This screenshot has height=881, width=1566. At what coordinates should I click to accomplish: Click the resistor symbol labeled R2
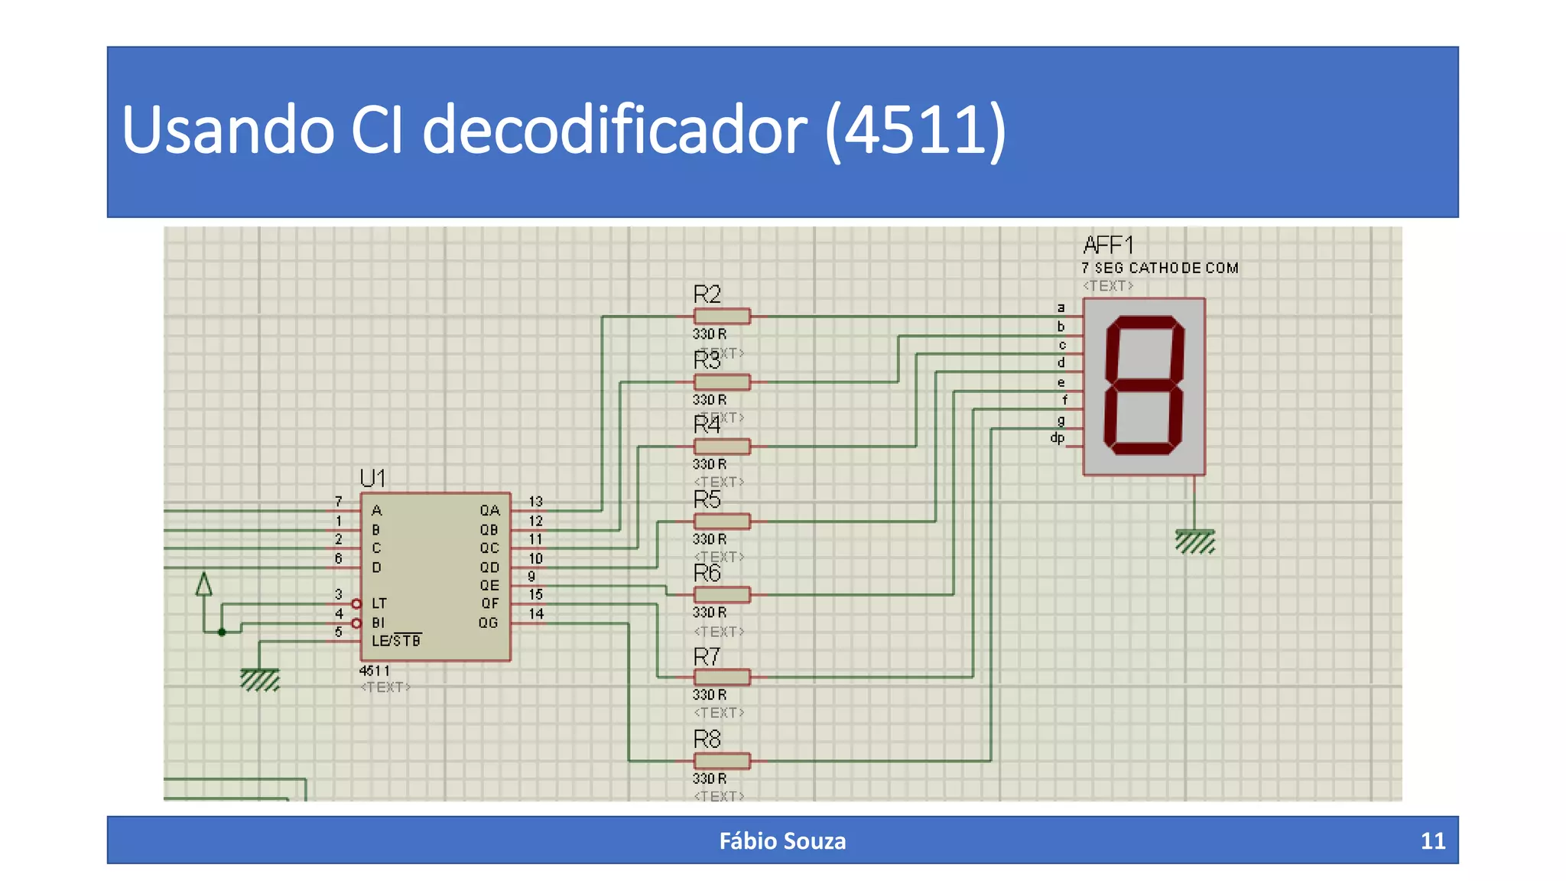coord(721,316)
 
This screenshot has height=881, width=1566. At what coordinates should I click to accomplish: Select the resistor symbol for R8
coord(721,761)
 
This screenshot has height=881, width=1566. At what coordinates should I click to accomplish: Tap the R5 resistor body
coord(721,522)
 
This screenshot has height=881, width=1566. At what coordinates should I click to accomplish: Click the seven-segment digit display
coord(1144,386)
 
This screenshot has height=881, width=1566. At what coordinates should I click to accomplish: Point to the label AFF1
coord(1108,245)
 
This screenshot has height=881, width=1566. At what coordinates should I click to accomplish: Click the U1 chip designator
coord(372,479)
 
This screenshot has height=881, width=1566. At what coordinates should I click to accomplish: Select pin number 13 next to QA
coord(535,502)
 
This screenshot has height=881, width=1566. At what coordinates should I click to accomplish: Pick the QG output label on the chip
coord(488,623)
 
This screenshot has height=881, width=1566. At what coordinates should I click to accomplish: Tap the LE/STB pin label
coord(396,641)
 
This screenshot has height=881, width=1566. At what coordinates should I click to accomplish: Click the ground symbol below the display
coord(1194,541)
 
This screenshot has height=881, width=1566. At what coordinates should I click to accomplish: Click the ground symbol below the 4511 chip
coord(260,679)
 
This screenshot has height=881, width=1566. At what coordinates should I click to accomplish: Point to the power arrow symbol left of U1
coord(203,585)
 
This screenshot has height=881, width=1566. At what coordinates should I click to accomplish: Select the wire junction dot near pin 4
coord(222,632)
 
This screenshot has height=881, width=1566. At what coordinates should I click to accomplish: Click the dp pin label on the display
coord(1057,438)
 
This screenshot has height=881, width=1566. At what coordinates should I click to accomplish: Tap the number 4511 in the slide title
coord(915,130)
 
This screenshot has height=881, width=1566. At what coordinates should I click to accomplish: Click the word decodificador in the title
coord(614,130)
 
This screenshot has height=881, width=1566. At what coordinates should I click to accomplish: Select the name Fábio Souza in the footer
coord(782,841)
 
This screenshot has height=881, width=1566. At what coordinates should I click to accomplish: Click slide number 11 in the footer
coord(1432,841)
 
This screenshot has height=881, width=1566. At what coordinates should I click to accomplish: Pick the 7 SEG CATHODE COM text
coord(1159,268)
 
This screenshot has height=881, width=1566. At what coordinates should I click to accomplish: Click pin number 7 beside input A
coord(338,502)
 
